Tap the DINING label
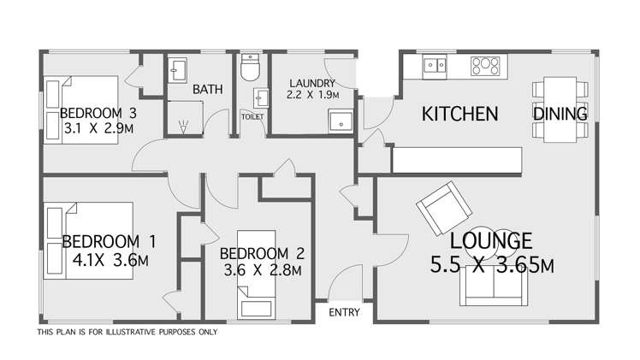(x=560, y=114)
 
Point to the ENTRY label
(x=344, y=313)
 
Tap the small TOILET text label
(x=253, y=115)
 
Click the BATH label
(x=207, y=89)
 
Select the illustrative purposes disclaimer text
(x=127, y=332)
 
